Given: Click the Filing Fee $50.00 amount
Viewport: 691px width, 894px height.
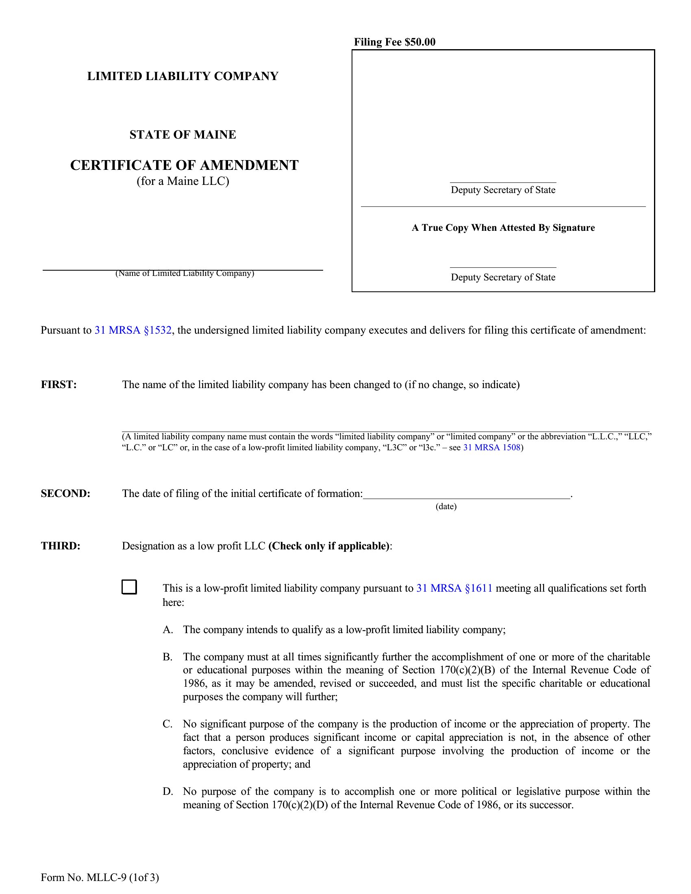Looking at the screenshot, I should click(x=395, y=42).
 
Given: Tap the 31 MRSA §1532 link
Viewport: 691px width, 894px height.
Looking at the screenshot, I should click(x=133, y=330).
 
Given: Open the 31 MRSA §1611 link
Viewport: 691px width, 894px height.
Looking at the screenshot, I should click(x=454, y=588).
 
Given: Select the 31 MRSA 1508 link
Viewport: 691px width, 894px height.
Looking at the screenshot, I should click(x=491, y=447).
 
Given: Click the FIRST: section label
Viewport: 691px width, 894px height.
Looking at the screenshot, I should click(x=59, y=384).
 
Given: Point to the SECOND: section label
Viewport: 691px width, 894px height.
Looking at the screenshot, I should click(x=65, y=493).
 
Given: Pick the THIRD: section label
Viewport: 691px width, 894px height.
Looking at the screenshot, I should click(x=61, y=546).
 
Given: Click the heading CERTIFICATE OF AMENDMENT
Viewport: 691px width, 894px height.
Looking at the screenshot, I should click(x=184, y=165).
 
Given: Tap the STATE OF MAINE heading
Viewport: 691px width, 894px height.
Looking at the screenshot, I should click(x=183, y=135).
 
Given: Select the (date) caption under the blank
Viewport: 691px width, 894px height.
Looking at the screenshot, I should click(x=446, y=506).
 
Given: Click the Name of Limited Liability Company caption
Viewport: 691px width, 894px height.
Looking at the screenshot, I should click(x=185, y=273).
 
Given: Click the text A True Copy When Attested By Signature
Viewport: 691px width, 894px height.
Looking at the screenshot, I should click(x=503, y=228).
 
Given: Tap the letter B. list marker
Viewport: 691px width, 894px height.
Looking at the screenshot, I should click(x=167, y=657).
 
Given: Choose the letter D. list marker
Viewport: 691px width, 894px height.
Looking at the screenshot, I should click(x=168, y=791).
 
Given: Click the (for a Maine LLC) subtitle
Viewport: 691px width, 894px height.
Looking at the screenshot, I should click(x=183, y=181).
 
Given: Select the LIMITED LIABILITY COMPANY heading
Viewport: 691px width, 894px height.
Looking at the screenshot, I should click(x=183, y=76).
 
